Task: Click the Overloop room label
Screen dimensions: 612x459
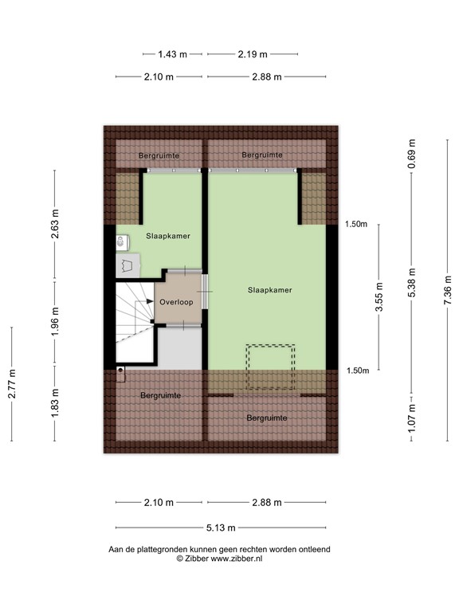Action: [x=176, y=303]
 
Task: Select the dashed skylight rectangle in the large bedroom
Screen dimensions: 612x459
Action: [x=270, y=367]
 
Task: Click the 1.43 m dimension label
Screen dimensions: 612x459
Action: [x=171, y=54]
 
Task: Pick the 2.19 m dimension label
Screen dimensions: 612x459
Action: [x=253, y=54]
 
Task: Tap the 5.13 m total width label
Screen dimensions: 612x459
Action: [x=220, y=528]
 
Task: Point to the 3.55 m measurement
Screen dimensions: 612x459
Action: [x=379, y=296]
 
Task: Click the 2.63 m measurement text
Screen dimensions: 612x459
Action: [x=55, y=225]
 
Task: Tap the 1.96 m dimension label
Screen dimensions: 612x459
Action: [x=55, y=323]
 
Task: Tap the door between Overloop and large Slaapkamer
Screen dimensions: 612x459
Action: [x=205, y=292]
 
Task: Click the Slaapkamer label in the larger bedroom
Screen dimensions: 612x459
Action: [x=269, y=291]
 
